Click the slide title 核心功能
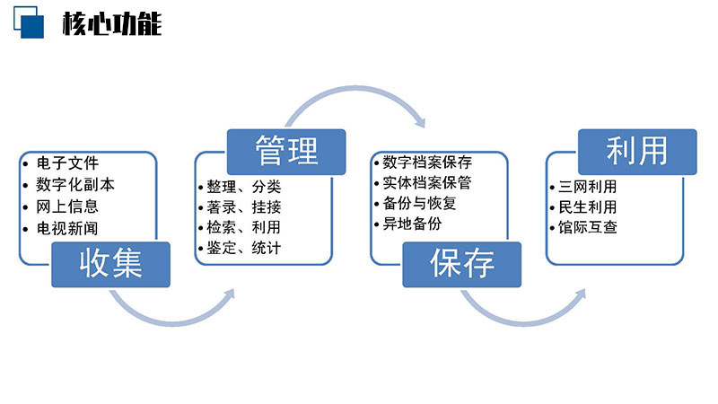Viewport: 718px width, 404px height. [112, 23]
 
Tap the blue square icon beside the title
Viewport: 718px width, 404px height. [29, 22]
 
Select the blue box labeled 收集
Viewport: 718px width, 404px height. [110, 265]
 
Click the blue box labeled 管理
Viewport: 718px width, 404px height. [286, 152]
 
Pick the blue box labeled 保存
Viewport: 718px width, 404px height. [462, 265]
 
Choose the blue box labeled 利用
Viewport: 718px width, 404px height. [637, 152]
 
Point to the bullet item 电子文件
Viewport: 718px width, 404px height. [67, 162]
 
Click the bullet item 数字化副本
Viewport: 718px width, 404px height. [75, 185]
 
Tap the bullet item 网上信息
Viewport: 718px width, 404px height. [67, 206]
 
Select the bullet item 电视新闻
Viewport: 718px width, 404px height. [67, 228]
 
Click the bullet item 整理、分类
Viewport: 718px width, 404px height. [243, 187]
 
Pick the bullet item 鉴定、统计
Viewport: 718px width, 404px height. [243, 248]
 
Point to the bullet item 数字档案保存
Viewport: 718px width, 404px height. [427, 162]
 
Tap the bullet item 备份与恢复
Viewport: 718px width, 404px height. [419, 203]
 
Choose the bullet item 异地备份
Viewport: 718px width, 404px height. [412, 224]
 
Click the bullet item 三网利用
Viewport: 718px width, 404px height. [588, 187]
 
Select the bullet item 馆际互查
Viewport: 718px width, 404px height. [588, 227]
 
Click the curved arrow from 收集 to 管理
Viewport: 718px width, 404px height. [173, 321]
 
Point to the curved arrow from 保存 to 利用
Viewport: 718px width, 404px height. [524, 321]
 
